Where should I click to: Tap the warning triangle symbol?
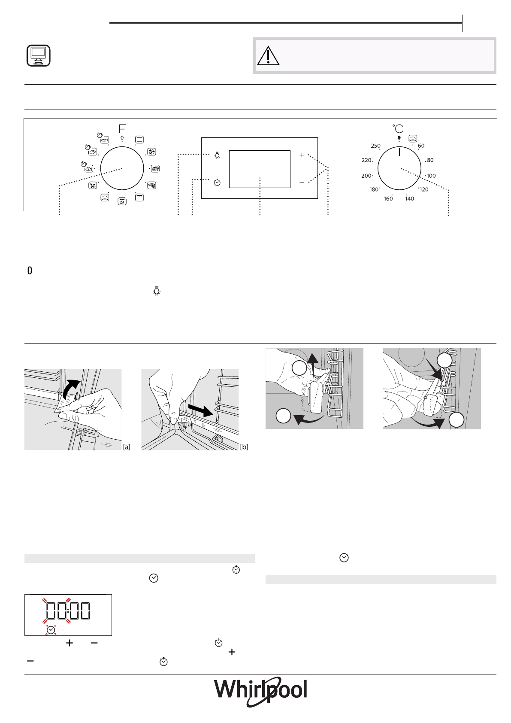point(269,56)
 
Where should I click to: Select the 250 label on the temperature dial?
point(375,146)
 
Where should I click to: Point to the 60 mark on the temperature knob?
point(421,146)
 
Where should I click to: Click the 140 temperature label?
point(410,199)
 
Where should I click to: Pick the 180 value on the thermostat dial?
point(374,189)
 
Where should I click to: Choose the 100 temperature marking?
point(431,176)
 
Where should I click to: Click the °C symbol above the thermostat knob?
point(398,128)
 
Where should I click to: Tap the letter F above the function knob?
point(122,128)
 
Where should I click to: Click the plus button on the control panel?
point(302,155)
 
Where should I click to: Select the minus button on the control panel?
point(302,182)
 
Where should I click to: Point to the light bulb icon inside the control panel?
point(218,155)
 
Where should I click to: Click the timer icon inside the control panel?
point(217,182)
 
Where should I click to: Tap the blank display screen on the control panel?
point(260,169)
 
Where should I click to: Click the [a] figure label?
point(127,447)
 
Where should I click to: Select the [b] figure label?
point(244,447)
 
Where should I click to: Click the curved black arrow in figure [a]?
point(70,389)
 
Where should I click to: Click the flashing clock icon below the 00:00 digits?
point(51,630)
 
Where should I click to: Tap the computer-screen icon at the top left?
point(38,56)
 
